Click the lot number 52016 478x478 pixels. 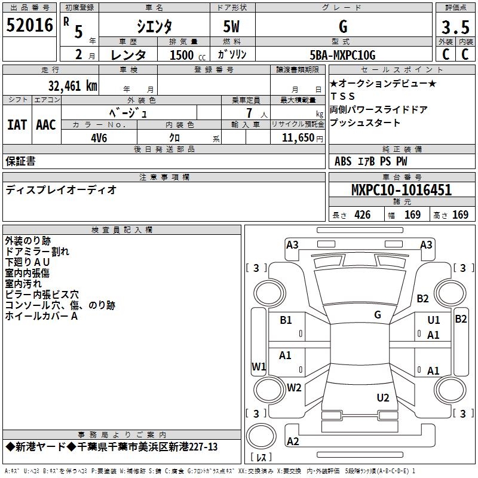click(29, 27)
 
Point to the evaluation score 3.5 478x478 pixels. click(454, 28)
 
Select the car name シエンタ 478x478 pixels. click(154, 27)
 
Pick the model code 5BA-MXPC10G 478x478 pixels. click(342, 56)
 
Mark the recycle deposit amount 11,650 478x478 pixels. click(295, 137)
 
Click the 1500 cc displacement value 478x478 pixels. click(183, 56)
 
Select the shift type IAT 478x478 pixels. click(17, 124)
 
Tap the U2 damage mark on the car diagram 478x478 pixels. click(383, 397)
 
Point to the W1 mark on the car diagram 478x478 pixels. click(258, 366)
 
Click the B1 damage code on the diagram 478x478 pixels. click(286, 320)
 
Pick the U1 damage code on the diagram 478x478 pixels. click(434, 320)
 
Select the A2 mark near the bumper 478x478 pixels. click(293, 441)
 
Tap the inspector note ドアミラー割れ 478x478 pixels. click(37, 252)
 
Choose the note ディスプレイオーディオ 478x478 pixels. click(61, 190)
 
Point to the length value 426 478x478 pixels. click(362, 215)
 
